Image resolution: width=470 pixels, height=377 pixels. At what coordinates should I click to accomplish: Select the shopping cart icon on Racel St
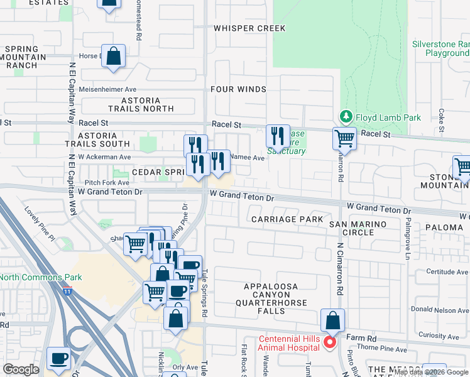(x=344, y=138)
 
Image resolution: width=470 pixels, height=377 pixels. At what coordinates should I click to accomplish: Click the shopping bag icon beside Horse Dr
(x=113, y=56)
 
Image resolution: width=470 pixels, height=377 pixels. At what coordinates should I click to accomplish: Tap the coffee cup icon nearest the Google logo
(x=60, y=358)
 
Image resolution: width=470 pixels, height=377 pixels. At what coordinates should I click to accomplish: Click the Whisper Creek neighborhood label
(x=249, y=28)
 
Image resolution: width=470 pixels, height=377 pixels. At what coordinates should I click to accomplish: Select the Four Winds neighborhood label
(x=239, y=89)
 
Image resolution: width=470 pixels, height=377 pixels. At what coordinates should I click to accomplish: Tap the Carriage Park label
(x=287, y=219)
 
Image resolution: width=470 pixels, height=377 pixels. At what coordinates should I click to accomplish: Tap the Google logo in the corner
(x=21, y=369)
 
